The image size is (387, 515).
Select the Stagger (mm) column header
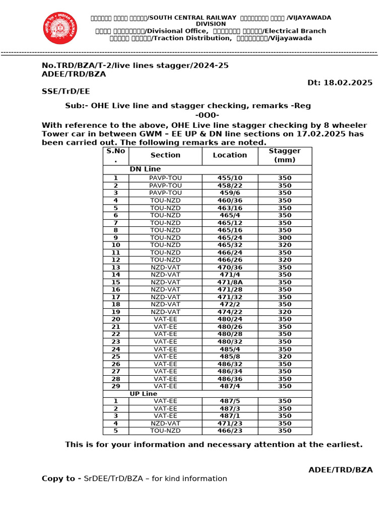click(x=285, y=155)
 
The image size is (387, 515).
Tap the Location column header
click(x=230, y=155)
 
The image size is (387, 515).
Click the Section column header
click(x=165, y=155)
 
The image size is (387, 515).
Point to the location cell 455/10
click(x=230, y=178)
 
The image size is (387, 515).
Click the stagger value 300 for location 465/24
click(x=285, y=237)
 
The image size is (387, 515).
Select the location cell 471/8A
click(x=230, y=282)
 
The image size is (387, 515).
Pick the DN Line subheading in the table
click(x=145, y=169)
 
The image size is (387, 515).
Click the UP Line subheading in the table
click(x=144, y=394)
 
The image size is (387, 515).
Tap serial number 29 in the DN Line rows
click(x=115, y=386)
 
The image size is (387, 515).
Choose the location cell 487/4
click(x=230, y=386)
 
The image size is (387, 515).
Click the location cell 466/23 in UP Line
click(x=230, y=431)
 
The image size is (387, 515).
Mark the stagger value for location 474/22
click(x=285, y=312)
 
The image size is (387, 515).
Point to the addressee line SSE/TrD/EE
click(x=66, y=91)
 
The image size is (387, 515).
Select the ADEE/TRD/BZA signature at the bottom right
click(x=340, y=470)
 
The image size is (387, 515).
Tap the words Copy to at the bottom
click(x=61, y=479)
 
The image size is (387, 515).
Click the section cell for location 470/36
click(x=165, y=268)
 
